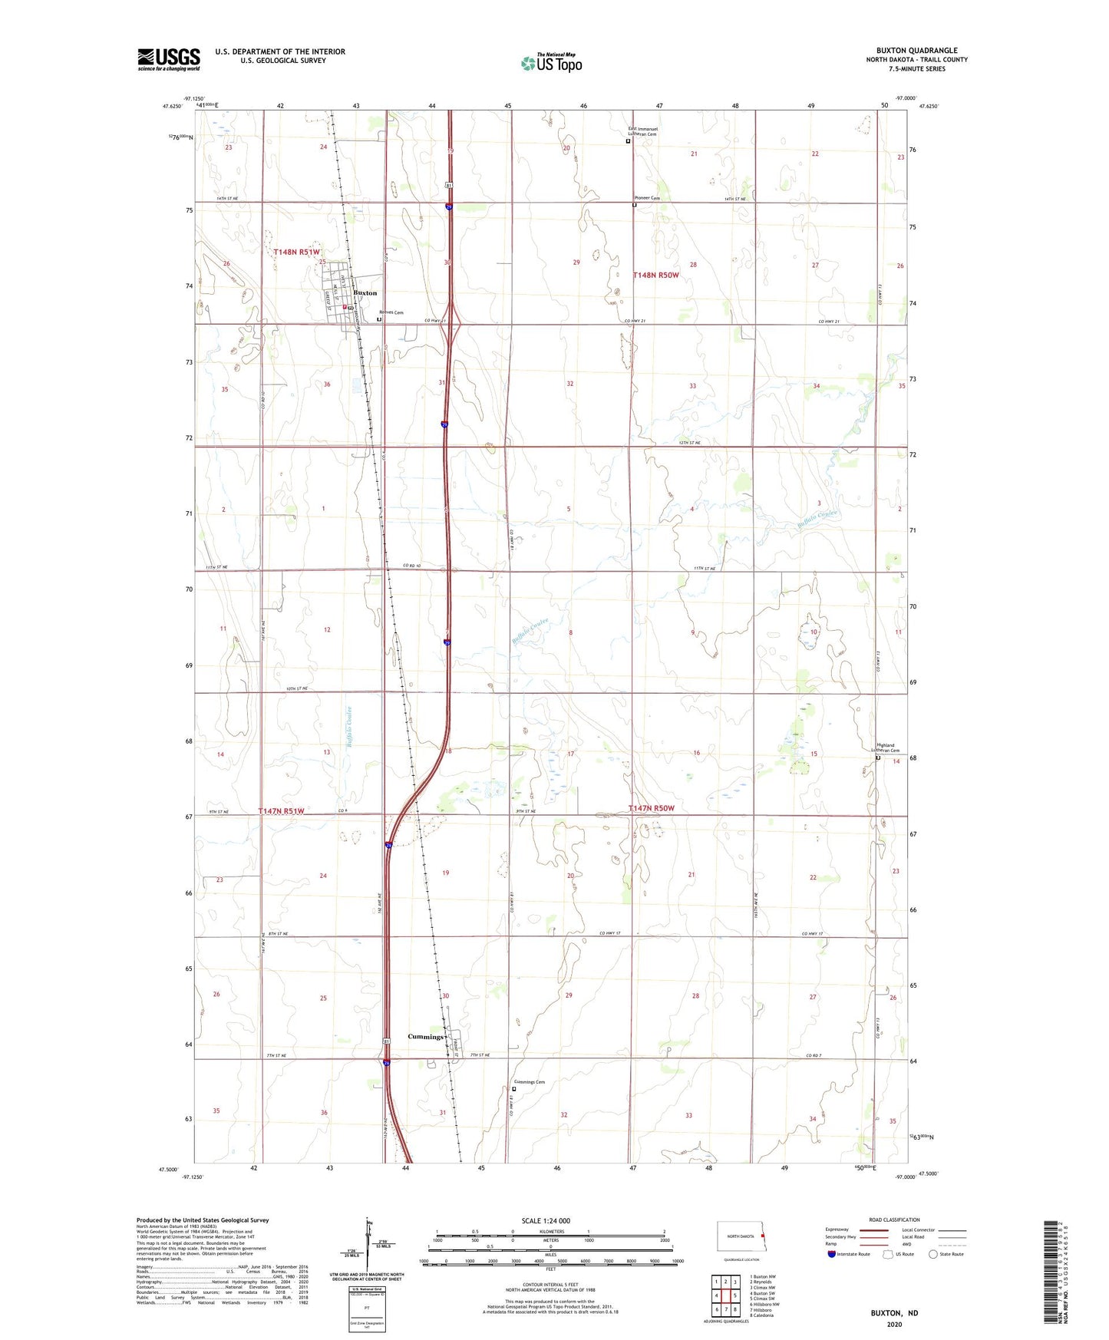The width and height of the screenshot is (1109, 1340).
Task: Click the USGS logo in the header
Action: [169, 59]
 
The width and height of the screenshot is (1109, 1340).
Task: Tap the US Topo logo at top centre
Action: [551, 63]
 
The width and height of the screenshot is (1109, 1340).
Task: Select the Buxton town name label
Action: [365, 293]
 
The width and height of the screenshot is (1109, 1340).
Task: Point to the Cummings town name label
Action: [425, 1037]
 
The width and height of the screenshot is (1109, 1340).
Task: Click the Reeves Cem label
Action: [391, 312]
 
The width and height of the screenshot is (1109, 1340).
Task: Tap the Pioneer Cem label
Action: [646, 198]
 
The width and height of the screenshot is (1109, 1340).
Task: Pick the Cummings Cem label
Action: [529, 1082]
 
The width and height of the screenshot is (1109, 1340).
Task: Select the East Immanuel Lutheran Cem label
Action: [643, 131]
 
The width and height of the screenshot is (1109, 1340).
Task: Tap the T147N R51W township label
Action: [281, 811]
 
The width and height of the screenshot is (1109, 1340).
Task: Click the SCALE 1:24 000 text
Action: [546, 1220]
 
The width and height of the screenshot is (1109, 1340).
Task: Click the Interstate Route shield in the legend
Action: [831, 1255]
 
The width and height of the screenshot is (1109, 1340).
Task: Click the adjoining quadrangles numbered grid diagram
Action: [725, 1295]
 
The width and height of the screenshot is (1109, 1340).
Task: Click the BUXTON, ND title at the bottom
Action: [894, 1313]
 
